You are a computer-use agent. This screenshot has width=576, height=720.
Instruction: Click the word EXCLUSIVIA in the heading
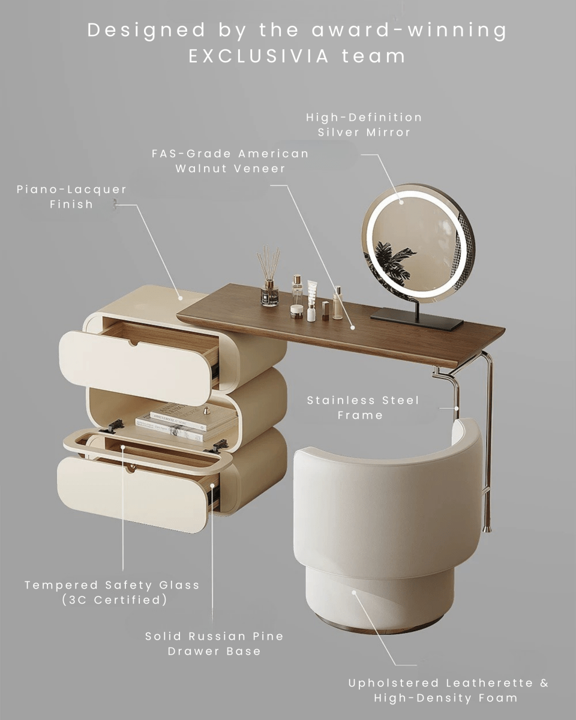pyautogui.click(x=259, y=56)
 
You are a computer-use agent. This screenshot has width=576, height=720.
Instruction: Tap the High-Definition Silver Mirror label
pyautogui.click(x=364, y=125)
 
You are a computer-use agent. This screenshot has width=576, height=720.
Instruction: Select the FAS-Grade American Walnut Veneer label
pyautogui.click(x=230, y=161)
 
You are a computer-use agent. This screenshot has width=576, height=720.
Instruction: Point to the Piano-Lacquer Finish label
pyautogui.click(x=72, y=197)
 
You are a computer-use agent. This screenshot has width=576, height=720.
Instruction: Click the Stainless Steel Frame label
pyautogui.click(x=363, y=407)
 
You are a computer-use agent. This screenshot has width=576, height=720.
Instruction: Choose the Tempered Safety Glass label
pyautogui.click(x=112, y=585)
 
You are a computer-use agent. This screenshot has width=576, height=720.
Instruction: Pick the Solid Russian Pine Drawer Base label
pyautogui.click(x=214, y=643)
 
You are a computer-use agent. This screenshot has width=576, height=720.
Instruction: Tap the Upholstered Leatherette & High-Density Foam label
pyautogui.click(x=448, y=690)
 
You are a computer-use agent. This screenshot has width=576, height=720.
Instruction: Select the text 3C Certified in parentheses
pyautogui.click(x=115, y=599)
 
